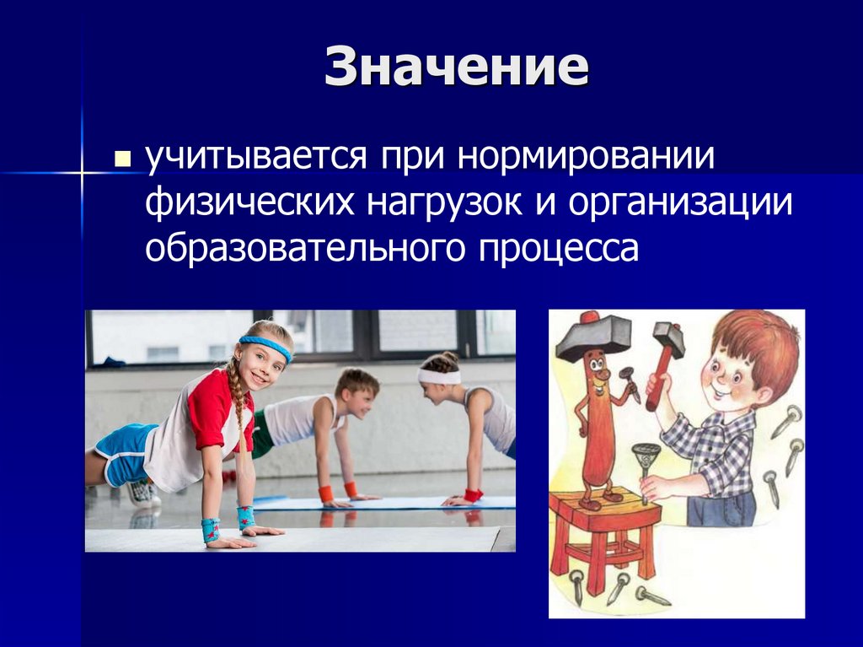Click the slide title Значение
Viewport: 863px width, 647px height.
(456, 67)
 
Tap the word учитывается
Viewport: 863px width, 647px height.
(254, 158)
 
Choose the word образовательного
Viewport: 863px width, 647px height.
(307, 249)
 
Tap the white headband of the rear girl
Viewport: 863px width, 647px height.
(437, 376)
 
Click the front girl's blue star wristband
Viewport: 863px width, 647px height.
(210, 529)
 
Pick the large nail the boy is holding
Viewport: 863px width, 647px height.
(646, 468)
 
